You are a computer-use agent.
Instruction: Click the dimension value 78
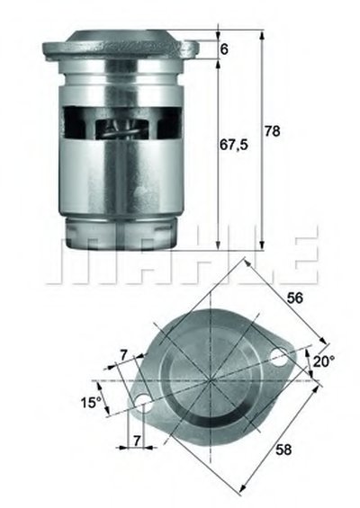272,131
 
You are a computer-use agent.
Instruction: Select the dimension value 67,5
233,145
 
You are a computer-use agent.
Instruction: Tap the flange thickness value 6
224,49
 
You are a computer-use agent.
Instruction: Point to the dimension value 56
295,298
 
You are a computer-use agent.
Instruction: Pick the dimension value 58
283,450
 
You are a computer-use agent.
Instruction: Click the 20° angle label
325,361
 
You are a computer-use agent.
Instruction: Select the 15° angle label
92,403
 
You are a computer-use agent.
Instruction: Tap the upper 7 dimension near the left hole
123,356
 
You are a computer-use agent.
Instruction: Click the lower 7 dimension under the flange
137,441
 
